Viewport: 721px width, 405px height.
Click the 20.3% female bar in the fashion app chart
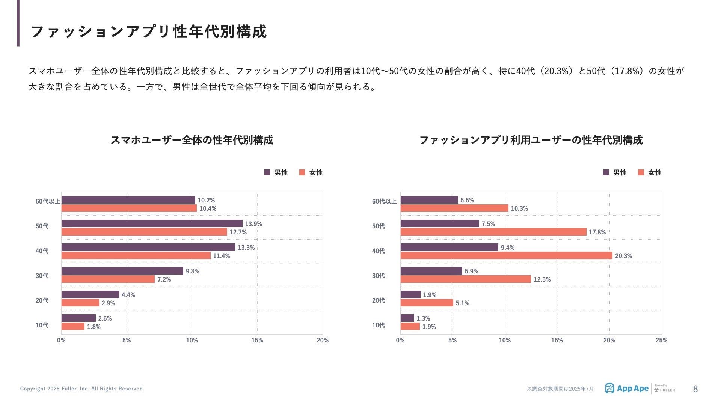click(506, 255)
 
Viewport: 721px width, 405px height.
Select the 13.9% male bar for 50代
click(152, 223)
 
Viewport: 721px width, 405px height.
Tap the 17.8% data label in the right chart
click(597, 232)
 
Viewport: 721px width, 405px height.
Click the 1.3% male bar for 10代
click(407, 318)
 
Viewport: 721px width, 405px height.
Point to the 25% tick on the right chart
click(661, 340)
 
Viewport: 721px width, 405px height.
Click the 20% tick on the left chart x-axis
click(323, 340)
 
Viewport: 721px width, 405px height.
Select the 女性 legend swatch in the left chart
click(302, 172)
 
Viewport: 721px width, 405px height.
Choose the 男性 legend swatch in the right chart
click(606, 172)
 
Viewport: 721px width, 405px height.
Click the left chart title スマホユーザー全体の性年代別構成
click(192, 140)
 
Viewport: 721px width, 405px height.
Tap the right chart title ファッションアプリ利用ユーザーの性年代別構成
click(531, 140)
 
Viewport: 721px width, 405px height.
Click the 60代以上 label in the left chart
click(48, 201)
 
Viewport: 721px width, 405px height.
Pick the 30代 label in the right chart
click(379, 276)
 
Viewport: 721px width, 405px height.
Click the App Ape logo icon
click(609, 388)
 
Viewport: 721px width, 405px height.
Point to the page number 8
click(695, 389)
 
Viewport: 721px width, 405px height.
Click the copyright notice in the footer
click(82, 388)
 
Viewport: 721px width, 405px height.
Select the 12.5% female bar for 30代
click(466, 279)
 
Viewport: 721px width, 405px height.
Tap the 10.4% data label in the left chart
click(208, 208)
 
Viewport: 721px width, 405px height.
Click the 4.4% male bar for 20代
click(90, 294)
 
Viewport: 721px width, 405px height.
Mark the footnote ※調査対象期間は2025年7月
click(560, 389)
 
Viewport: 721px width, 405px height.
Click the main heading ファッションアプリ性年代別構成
click(148, 31)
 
